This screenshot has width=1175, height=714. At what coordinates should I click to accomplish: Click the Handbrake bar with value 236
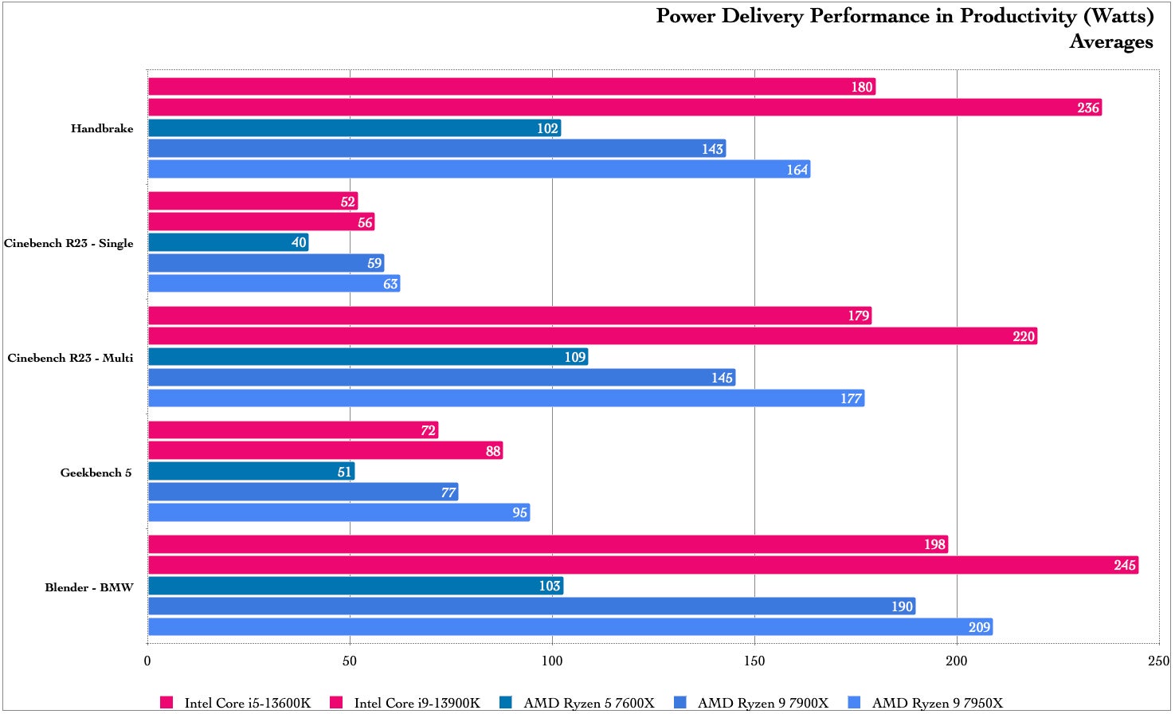tap(625, 108)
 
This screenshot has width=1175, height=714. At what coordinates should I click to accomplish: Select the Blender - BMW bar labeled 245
tap(643, 565)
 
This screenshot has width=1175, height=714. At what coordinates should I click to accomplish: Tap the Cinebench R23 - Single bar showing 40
tap(228, 242)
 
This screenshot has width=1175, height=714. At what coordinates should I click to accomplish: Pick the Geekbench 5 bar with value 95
tap(339, 512)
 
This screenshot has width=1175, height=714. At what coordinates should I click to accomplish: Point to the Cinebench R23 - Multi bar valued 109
tap(368, 357)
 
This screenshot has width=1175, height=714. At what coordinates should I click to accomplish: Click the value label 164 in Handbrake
tap(797, 170)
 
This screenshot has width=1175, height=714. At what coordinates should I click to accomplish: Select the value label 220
tap(1023, 336)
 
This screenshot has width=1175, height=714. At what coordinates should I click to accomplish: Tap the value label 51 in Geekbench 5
tap(344, 472)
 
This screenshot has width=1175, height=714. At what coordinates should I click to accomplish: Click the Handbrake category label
tap(102, 128)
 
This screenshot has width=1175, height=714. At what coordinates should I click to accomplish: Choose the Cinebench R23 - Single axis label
tap(69, 243)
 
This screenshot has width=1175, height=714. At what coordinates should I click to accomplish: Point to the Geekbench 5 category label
tap(96, 473)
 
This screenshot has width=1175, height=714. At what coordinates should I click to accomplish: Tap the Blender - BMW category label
tap(89, 587)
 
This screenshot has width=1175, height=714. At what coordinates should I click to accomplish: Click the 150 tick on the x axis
tap(754, 661)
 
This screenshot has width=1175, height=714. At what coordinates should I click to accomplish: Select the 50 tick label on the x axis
tap(350, 661)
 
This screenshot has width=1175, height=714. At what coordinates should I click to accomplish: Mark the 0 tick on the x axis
tap(147, 661)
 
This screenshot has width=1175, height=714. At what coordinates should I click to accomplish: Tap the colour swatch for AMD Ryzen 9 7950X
tap(855, 702)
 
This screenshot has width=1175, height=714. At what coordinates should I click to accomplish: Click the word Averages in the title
tap(1110, 41)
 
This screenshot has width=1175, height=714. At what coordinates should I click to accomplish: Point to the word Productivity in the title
tap(1006, 16)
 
